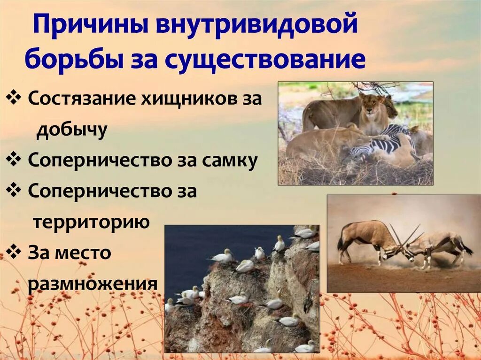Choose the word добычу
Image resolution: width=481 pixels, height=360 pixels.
click(x=72, y=130)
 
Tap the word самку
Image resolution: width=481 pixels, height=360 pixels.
click(x=230, y=161)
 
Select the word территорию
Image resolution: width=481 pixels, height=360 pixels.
click(x=91, y=222)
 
